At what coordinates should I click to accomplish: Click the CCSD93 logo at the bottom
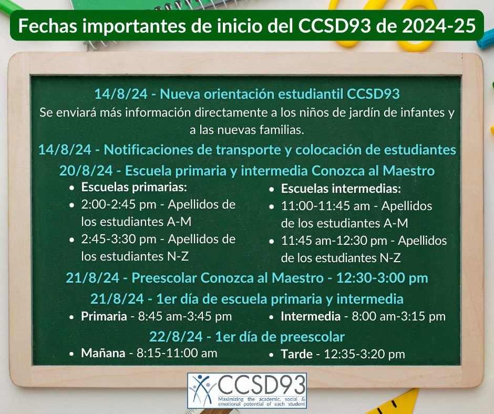(x=247, y=391)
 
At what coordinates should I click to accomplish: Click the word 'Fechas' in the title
(x=48, y=26)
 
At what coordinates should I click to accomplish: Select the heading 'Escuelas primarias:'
(x=134, y=187)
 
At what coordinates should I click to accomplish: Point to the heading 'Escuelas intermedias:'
(x=341, y=189)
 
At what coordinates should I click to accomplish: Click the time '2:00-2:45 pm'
(x=119, y=205)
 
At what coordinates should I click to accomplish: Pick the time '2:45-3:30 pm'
(x=119, y=240)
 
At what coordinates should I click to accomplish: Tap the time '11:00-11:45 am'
(x=325, y=206)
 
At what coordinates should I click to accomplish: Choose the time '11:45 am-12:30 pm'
(x=334, y=241)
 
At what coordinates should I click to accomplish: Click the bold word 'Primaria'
(x=104, y=316)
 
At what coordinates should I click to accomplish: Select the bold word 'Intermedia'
(x=311, y=316)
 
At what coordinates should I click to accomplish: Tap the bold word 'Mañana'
(x=103, y=353)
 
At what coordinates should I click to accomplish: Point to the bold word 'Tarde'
(x=296, y=354)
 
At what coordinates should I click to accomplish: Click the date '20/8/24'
(x=86, y=171)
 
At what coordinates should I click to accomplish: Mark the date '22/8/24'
(x=176, y=337)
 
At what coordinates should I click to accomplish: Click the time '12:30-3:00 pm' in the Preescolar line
(x=382, y=278)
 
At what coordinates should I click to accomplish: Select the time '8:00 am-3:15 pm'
(x=398, y=316)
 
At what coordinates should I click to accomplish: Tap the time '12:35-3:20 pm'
(x=364, y=354)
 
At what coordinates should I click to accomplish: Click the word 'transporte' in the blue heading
(x=248, y=150)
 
